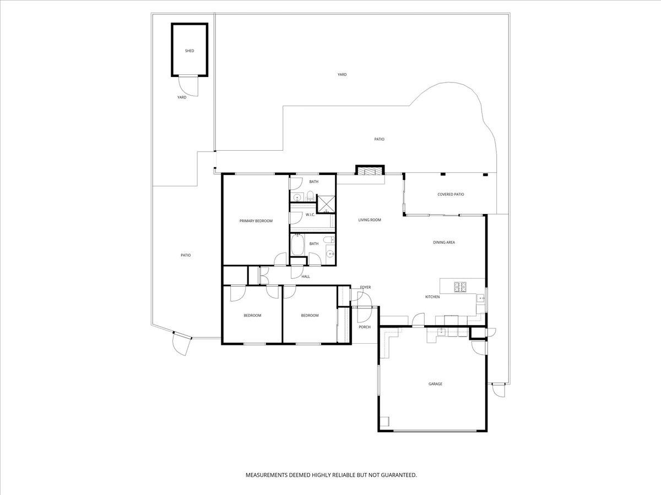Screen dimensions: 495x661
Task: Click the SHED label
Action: [189, 51]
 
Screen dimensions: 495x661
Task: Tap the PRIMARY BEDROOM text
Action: [256, 221]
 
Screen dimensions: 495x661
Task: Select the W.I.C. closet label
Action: [310, 215]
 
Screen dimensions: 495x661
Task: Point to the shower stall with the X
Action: [327, 204]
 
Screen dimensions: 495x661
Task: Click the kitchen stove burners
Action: [460, 287]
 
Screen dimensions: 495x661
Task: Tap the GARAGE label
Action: [435, 384]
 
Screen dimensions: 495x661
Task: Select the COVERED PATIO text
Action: [451, 194]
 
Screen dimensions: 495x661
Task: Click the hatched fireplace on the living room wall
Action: [369, 171]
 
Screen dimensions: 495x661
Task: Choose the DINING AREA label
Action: [444, 242]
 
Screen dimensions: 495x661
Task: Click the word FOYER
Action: [365, 287]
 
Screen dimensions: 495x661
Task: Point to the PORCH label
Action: [364, 327]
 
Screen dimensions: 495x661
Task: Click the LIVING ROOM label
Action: [370, 220]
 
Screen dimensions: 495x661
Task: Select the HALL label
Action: [306, 277]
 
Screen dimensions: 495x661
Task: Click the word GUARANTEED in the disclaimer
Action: [398, 474]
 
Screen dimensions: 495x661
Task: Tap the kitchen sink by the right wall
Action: [480, 299]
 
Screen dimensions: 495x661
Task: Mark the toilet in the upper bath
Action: [310, 195]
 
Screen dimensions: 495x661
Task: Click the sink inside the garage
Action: [441, 331]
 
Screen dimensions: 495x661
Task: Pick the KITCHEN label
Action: [432, 297]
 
